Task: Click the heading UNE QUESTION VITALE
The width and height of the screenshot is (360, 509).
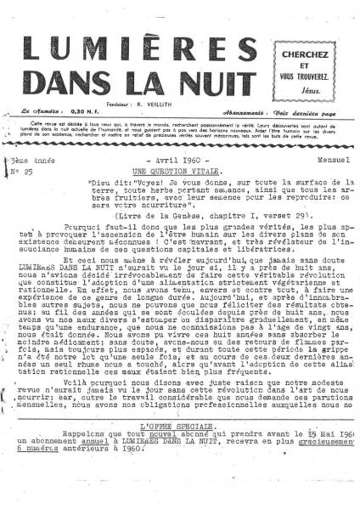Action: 168,169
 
